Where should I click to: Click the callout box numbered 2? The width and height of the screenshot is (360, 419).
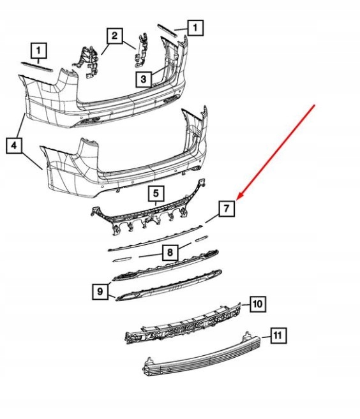click(x=115, y=36)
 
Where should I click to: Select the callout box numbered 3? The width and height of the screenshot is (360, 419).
click(x=144, y=79)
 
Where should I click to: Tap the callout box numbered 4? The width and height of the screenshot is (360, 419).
click(x=14, y=145)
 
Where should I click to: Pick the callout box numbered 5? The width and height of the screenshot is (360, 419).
click(x=156, y=193)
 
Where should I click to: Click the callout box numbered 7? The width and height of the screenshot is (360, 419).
click(x=227, y=209)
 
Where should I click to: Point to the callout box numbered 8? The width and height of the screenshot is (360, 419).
click(x=170, y=253)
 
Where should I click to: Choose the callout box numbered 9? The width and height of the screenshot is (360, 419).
click(x=100, y=291)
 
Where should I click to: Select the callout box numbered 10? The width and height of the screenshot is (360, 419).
click(x=258, y=304)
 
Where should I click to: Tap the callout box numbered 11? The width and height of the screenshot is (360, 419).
click(x=278, y=335)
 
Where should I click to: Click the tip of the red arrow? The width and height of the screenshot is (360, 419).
click(x=237, y=199)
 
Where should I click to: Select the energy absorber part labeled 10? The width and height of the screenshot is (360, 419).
click(x=183, y=323)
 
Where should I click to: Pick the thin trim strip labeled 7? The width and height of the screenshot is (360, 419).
click(x=155, y=239)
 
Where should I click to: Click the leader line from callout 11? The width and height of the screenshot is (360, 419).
click(x=266, y=337)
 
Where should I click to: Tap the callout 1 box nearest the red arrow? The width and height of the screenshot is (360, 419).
click(x=195, y=28)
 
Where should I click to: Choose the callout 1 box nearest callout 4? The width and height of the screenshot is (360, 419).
click(x=39, y=51)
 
